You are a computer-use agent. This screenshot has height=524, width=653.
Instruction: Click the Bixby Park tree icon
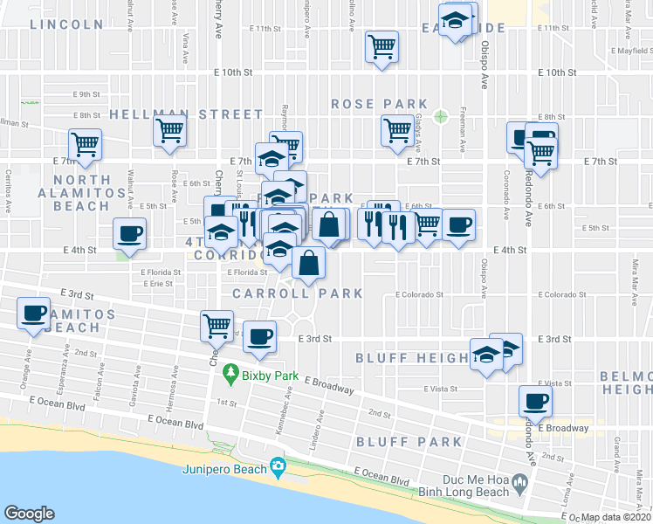[231, 373]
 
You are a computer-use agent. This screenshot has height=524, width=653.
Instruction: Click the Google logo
[29, 513]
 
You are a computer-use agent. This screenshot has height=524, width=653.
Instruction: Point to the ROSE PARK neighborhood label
[379, 104]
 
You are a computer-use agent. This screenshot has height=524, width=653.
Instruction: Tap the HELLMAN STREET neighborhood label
[186, 114]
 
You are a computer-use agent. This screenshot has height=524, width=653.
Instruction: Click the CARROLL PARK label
[298, 293]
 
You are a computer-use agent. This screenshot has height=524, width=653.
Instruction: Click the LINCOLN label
[66, 24]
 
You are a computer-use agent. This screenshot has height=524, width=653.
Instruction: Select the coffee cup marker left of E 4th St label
[130, 234]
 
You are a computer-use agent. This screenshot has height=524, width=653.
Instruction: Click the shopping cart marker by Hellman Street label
[169, 131]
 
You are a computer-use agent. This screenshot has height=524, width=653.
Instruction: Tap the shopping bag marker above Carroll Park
[309, 261]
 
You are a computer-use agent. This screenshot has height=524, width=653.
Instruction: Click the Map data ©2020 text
[615, 517]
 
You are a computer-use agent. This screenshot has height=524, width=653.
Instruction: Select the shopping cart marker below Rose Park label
[397, 130]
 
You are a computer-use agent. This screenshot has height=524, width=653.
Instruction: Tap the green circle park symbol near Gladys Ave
[441, 115]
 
